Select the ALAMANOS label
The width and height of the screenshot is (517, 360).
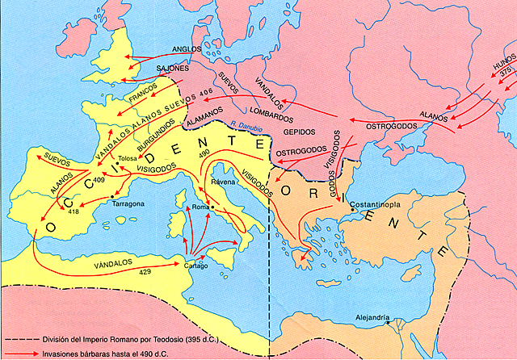[x=204, y=119]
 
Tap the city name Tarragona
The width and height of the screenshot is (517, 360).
[x=128, y=204]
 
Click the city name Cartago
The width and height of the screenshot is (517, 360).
[x=196, y=266]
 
